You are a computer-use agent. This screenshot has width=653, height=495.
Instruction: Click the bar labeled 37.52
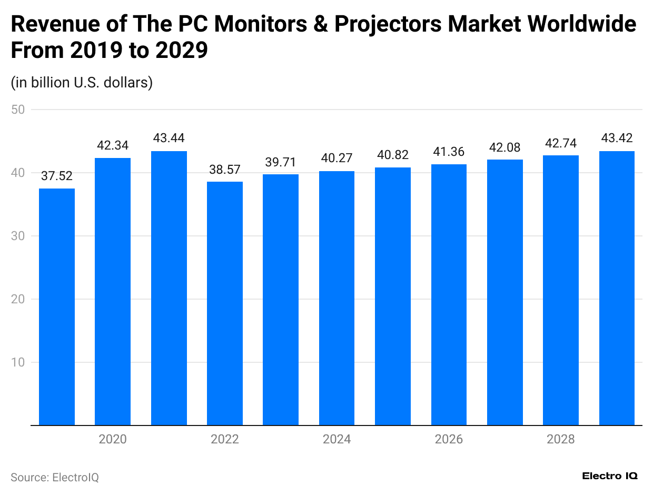point(57,306)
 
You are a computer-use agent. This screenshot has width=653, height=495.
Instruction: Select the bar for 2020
point(113,291)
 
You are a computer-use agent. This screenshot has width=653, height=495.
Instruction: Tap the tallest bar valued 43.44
point(169,288)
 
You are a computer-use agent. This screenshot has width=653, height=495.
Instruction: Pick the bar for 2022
point(225,303)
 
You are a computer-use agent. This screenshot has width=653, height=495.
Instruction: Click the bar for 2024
point(337,298)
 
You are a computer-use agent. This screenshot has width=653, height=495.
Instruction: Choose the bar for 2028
point(561,290)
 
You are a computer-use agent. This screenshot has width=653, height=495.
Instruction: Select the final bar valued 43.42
point(617,288)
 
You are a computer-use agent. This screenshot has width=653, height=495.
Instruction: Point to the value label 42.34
point(113,145)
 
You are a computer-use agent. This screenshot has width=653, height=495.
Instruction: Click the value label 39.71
point(281,162)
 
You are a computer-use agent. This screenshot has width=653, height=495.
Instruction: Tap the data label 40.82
point(393,155)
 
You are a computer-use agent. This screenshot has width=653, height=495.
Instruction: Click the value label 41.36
point(449,152)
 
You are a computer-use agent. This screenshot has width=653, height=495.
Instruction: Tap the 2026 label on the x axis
point(449,439)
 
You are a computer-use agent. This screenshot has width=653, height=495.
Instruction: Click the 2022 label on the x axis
point(225,439)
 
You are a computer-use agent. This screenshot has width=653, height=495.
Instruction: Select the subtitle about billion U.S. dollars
point(82,83)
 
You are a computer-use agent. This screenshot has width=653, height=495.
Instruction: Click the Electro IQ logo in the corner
point(610,476)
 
